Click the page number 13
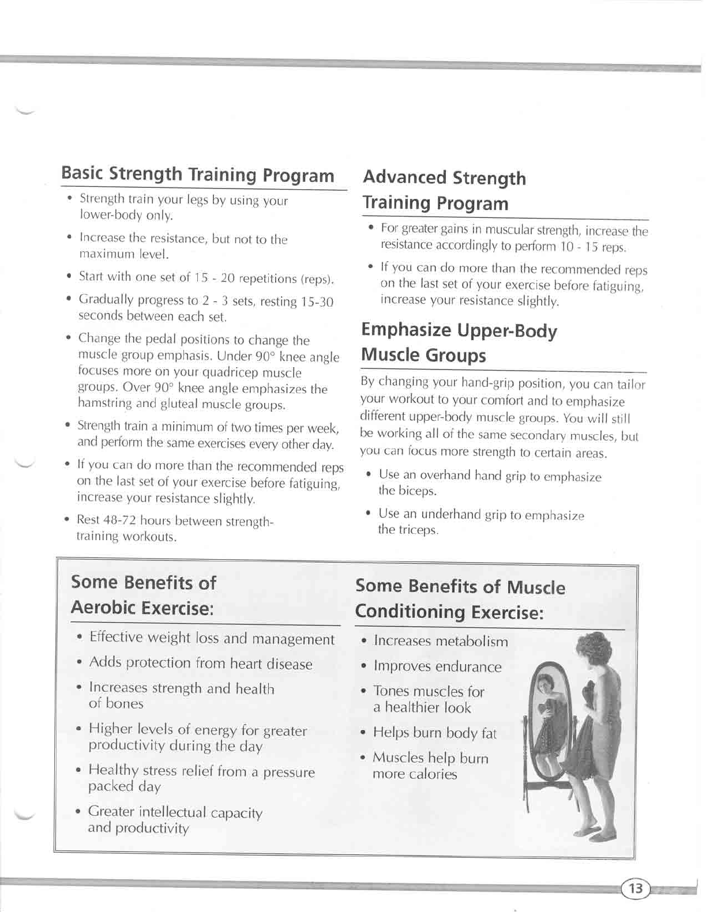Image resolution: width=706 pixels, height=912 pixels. [x=635, y=888]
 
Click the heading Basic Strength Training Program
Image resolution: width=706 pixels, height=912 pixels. [x=198, y=174]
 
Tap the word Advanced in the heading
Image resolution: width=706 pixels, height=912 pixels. [x=404, y=177]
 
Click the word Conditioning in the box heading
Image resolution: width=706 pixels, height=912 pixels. [x=410, y=611]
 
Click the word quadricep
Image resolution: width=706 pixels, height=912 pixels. [x=231, y=372]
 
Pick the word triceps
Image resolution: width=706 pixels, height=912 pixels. [x=419, y=530]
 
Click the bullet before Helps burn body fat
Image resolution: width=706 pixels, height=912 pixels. [x=363, y=733]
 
